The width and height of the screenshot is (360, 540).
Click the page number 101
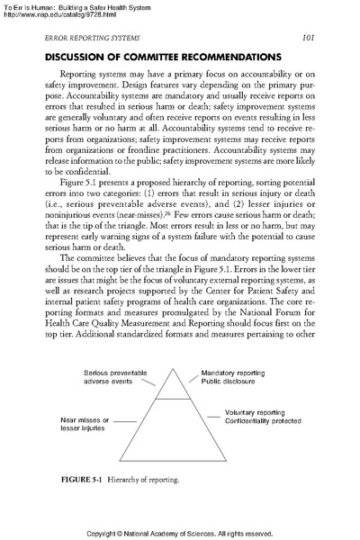click(x=307, y=38)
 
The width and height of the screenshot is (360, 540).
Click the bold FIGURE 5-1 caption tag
click(x=67, y=480)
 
